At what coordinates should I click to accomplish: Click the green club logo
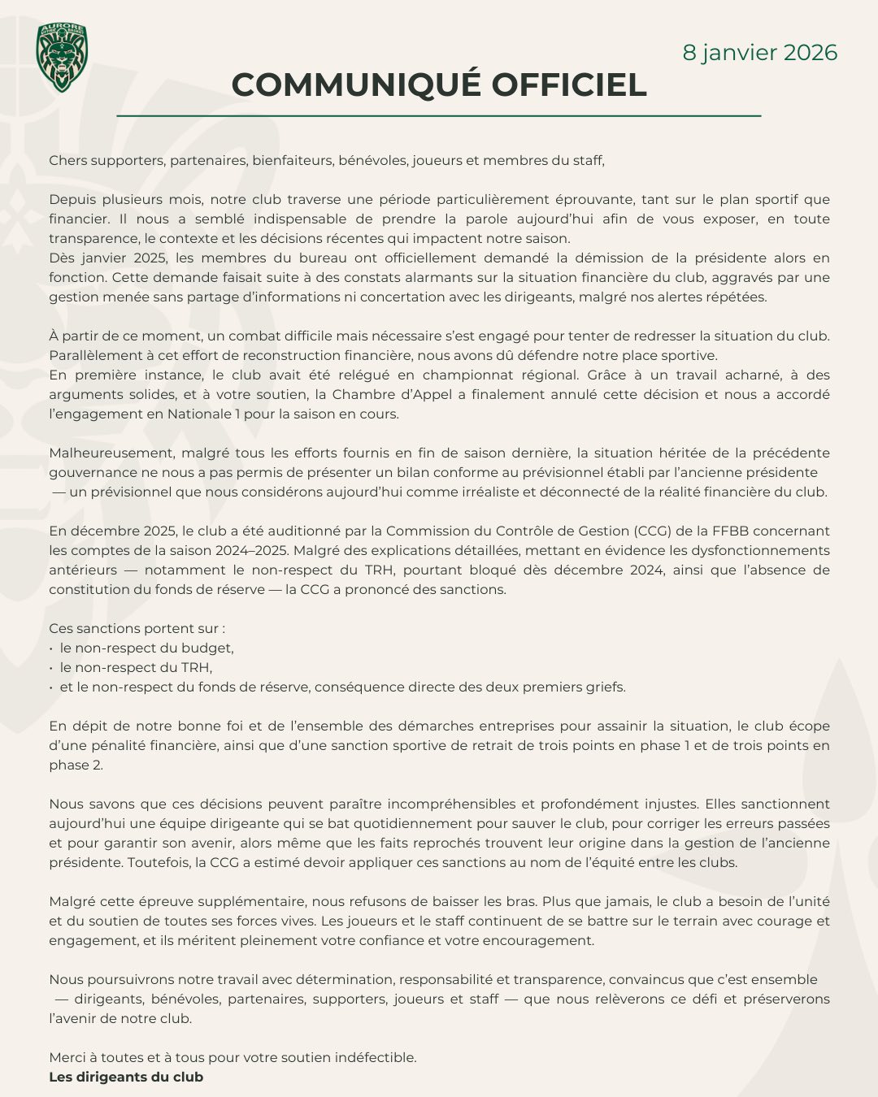[62, 57]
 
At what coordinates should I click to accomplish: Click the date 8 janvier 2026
[759, 53]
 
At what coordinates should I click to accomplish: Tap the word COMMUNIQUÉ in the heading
[354, 85]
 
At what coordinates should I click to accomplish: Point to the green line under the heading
[439, 116]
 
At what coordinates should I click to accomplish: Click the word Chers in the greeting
[67, 160]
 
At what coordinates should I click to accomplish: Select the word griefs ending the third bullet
[605, 687]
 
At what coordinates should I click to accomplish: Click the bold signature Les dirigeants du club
[126, 1077]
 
